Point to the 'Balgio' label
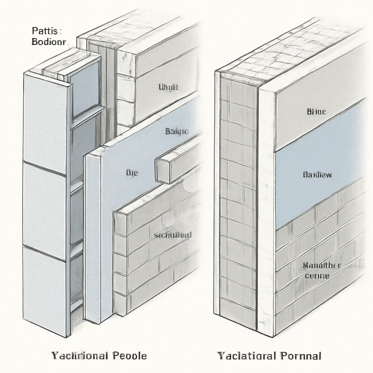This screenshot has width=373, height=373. click(177, 131)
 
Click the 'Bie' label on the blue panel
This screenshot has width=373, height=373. click(131, 173)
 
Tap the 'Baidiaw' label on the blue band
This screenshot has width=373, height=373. click(317, 175)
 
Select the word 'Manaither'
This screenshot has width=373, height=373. click(321, 266)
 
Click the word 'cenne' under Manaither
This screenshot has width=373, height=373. click(317, 276)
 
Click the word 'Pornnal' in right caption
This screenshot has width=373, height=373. click(301, 355)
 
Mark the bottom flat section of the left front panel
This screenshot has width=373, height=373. click(44, 291)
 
